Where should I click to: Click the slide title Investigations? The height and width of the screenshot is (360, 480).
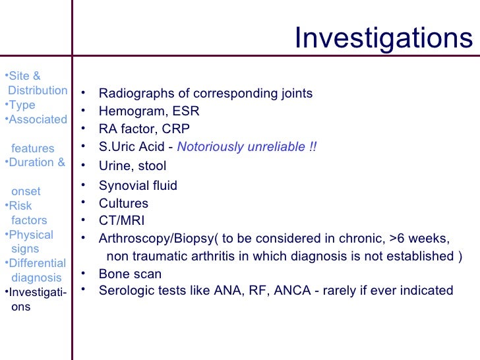(383, 38)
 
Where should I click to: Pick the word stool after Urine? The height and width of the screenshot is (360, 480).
(152, 166)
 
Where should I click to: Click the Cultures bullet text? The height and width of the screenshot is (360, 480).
(123, 204)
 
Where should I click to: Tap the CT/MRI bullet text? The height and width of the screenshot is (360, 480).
(121, 221)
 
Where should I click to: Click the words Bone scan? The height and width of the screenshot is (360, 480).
(130, 274)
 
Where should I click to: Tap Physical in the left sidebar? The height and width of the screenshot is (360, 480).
(31, 235)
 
